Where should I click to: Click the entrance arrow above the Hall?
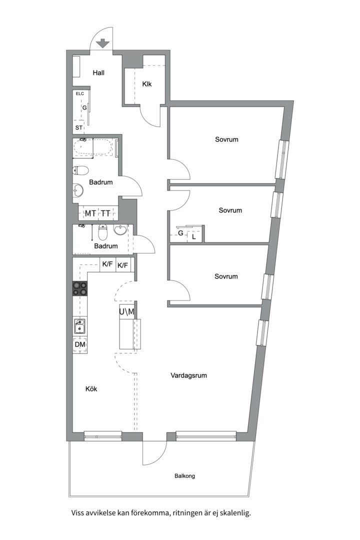click(x=102, y=43)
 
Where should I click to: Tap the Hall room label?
click(x=98, y=73)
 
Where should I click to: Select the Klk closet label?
click(x=147, y=84)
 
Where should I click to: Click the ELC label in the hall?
click(x=80, y=94)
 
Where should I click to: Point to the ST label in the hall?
click(x=79, y=128)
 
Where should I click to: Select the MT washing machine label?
click(x=90, y=214)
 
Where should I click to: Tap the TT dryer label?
click(x=105, y=214)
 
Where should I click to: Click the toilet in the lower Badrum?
click(x=103, y=232)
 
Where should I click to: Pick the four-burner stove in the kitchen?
click(x=80, y=289)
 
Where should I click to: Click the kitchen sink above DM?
click(x=79, y=326)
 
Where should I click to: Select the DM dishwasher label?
click(x=79, y=345)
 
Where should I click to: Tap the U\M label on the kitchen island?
click(x=126, y=312)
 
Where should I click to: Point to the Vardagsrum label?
click(x=188, y=375)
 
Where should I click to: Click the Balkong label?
click(x=184, y=476)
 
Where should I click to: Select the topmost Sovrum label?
click(x=226, y=139)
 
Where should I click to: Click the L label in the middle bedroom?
click(x=194, y=237)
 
